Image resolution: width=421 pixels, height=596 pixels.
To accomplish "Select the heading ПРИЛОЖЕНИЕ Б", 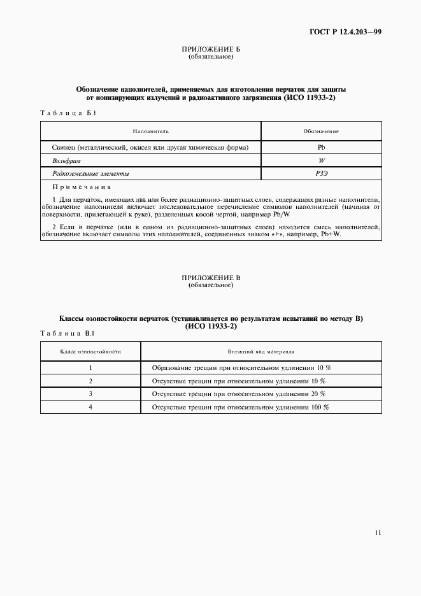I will coord(210,49).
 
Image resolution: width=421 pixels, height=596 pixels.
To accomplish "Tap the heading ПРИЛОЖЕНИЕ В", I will coord(210,278).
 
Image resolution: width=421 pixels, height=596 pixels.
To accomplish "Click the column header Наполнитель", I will coord(151,131).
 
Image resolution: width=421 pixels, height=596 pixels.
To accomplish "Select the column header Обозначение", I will coord(321,131).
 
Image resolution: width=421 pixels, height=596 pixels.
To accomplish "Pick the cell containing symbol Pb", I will coord(321,148).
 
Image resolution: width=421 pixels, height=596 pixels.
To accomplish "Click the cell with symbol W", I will coord(321,160).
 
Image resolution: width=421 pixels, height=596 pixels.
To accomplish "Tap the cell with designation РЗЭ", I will coord(321,173).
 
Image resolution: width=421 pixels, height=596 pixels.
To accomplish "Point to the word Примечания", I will coord(82,187).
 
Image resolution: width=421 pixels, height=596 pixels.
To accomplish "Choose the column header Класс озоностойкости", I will coord(90,351).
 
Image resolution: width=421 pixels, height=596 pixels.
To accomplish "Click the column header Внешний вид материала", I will coord(261,351).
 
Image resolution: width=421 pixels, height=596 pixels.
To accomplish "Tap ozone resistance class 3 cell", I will coord(90,394).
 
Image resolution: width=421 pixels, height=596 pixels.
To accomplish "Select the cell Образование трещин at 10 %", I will coord(241,368).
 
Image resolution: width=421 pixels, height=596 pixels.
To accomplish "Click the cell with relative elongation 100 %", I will coord(241,407).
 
